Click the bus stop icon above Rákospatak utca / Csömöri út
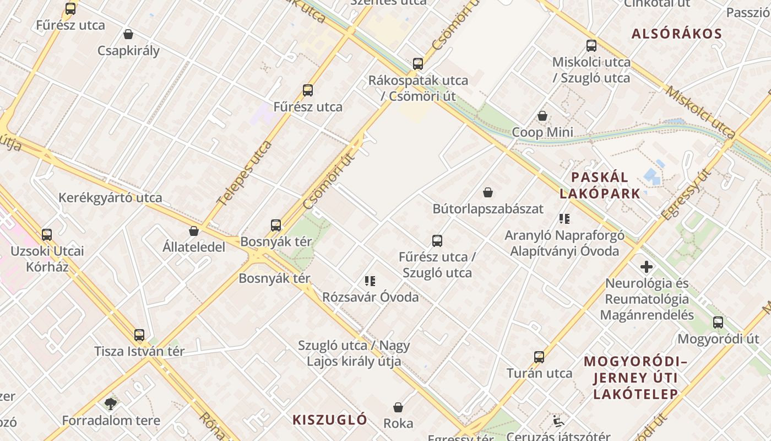click(x=418, y=64)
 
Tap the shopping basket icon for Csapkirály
click(x=128, y=35)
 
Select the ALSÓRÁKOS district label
click(x=676, y=34)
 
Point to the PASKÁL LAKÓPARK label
click(x=600, y=185)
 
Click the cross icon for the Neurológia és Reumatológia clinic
click(x=647, y=267)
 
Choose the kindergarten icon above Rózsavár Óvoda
click(x=370, y=281)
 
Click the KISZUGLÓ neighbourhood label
click(x=330, y=420)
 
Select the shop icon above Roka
click(x=398, y=408)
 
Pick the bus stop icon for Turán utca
click(x=539, y=357)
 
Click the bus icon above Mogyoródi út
click(x=718, y=322)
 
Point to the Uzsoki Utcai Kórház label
click(x=47, y=259)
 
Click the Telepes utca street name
click(x=245, y=173)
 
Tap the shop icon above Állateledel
click(x=194, y=231)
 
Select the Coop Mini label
click(x=542, y=132)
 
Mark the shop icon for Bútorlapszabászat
click(x=488, y=192)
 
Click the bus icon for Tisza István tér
click(x=139, y=335)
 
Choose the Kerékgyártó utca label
click(x=110, y=198)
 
